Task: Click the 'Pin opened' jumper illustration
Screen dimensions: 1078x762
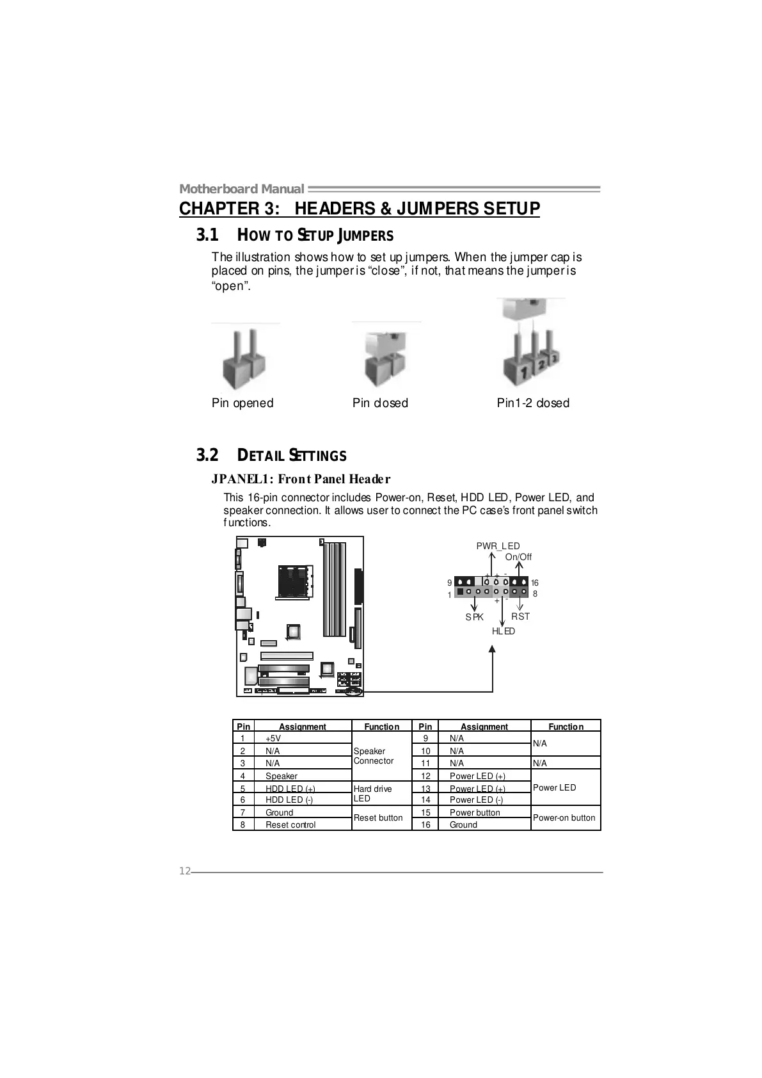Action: point(245,360)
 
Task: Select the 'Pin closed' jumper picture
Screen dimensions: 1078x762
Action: point(385,358)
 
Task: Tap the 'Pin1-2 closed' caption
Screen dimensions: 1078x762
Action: point(533,403)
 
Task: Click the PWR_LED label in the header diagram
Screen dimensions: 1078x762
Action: point(498,546)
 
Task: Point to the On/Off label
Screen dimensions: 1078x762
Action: point(518,557)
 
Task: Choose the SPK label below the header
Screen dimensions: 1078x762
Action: point(474,617)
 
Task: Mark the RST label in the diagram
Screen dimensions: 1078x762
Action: point(520,616)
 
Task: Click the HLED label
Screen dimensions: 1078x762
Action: point(503,631)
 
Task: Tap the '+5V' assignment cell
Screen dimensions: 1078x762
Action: point(273,738)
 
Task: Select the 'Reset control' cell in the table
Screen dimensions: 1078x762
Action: point(290,825)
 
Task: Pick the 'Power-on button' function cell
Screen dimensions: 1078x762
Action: point(564,818)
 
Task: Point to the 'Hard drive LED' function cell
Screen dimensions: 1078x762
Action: point(372,794)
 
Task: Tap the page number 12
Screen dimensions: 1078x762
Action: point(184,871)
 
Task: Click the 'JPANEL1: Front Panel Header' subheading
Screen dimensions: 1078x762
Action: point(301,479)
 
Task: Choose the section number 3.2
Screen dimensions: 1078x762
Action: point(207,455)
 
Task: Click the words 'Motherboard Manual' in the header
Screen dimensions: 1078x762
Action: point(241,189)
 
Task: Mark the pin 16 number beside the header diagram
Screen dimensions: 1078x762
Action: point(534,583)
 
